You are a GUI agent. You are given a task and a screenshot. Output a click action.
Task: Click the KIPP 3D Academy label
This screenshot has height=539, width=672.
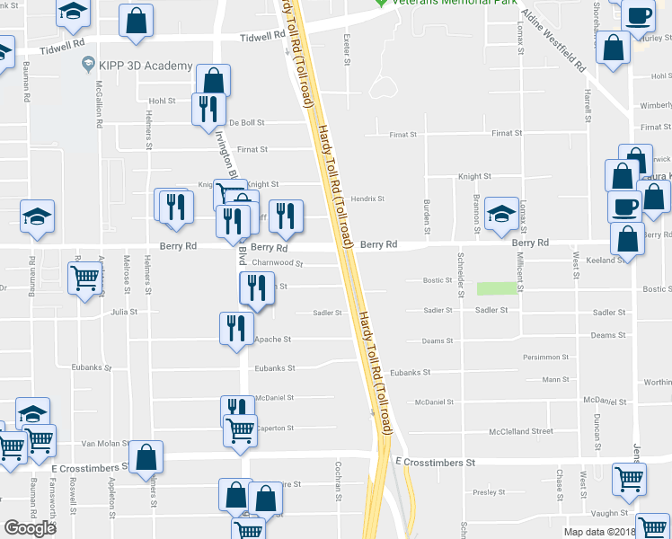(146, 66)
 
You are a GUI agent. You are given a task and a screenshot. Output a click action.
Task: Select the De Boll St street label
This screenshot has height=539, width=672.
(247, 123)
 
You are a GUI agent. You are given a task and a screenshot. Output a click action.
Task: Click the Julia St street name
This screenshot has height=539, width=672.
(124, 313)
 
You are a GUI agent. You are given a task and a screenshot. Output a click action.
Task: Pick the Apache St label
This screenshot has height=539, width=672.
(273, 340)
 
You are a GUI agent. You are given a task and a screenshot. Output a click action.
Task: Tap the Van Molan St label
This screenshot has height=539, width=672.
(101, 444)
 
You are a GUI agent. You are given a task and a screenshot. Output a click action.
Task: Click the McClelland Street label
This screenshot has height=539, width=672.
(521, 431)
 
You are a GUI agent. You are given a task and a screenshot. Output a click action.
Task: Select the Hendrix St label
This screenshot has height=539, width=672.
(367, 199)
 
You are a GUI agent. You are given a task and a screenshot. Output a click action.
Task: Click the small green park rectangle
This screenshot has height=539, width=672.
(498, 288)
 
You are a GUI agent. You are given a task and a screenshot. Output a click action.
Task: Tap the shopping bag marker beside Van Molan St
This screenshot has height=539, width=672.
(146, 457)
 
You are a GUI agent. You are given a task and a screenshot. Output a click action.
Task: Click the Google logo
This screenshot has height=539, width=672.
(30, 528)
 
